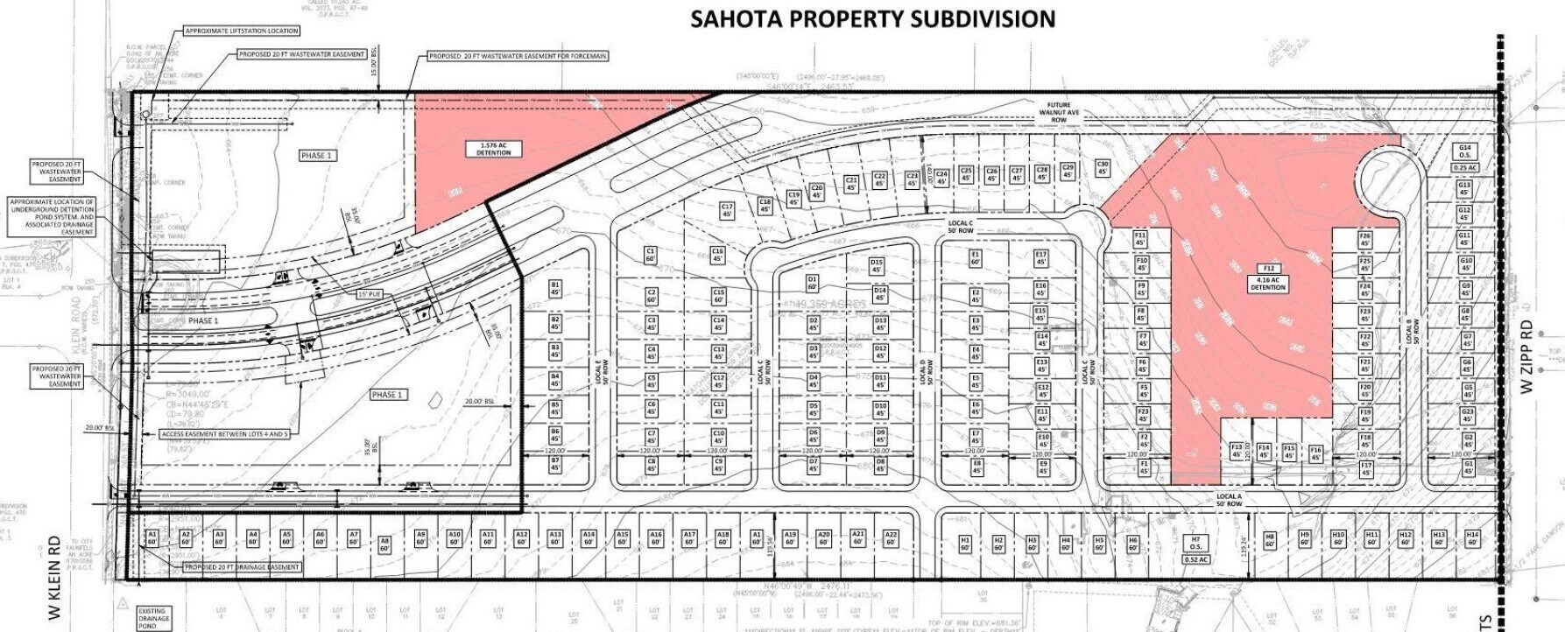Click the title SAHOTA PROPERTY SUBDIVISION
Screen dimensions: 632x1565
click(872, 19)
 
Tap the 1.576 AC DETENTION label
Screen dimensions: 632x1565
click(493, 149)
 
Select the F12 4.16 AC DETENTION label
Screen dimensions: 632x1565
click(1267, 277)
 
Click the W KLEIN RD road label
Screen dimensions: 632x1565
click(55, 578)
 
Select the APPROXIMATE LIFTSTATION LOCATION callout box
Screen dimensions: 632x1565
click(242, 31)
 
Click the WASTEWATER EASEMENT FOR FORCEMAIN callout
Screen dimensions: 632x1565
click(518, 56)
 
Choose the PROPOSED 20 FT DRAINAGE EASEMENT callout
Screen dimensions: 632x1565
click(242, 567)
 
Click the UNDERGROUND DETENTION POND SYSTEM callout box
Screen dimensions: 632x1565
click(53, 217)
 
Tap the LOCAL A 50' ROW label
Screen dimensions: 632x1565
click(1228, 500)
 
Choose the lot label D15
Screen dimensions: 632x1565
click(877, 265)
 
